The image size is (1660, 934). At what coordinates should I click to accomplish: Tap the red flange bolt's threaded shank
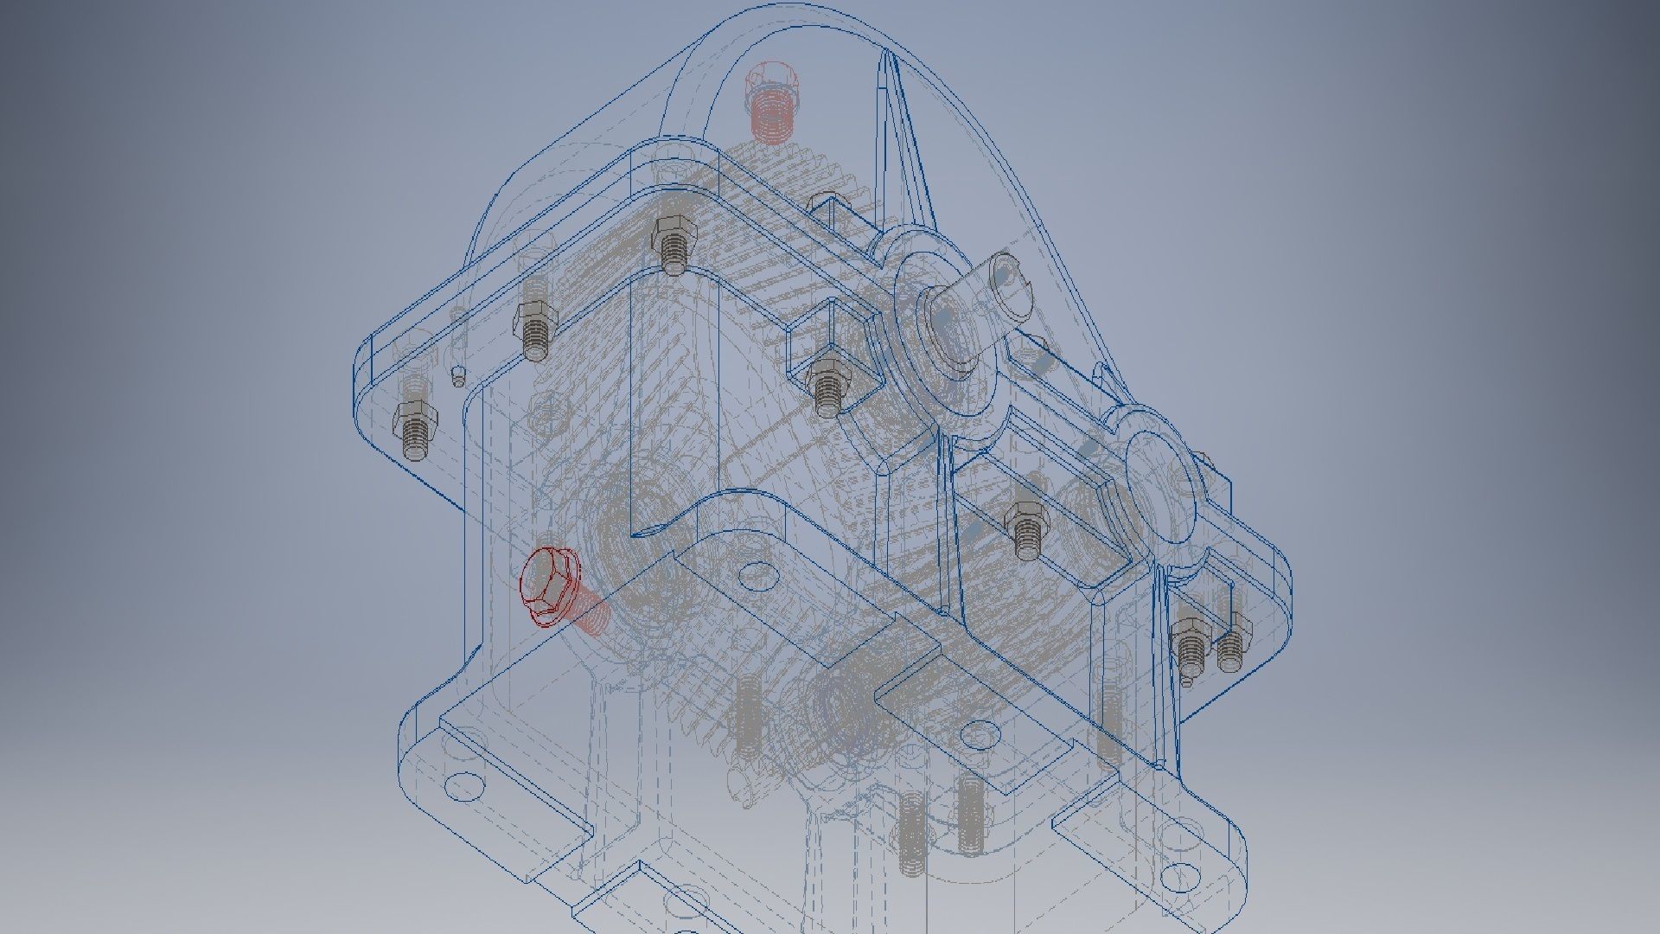[591, 616]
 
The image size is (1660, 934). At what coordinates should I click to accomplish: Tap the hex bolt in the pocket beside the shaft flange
[827, 385]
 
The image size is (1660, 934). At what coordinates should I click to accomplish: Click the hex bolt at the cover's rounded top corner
[671, 242]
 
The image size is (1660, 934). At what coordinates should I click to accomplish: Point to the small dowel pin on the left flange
[459, 376]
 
